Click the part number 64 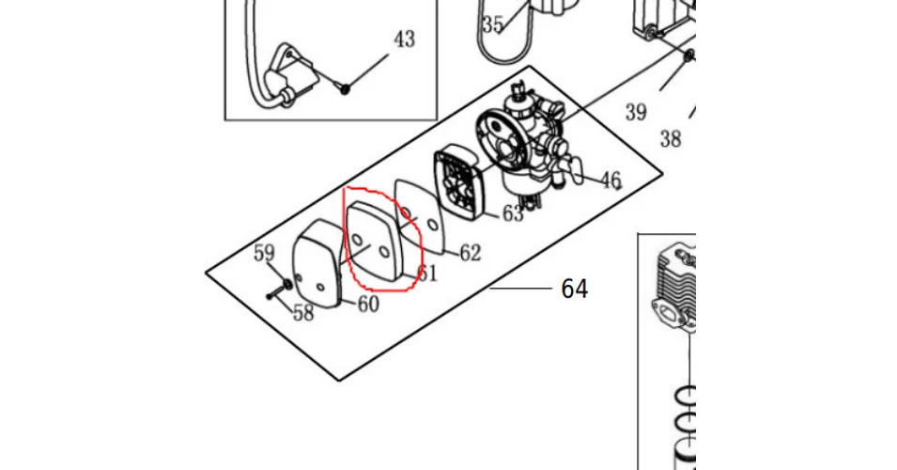point(574,289)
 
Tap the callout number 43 point(404,39)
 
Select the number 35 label point(492,24)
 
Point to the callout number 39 point(636,112)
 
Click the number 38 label point(671,138)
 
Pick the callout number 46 point(611,180)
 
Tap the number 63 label point(513,213)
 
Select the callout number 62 point(471,253)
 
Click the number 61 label point(427,273)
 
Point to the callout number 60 point(368,304)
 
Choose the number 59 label point(264,253)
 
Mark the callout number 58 point(303,313)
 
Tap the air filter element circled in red point(375,241)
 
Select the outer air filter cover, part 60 point(317,262)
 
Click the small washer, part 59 point(287,284)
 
